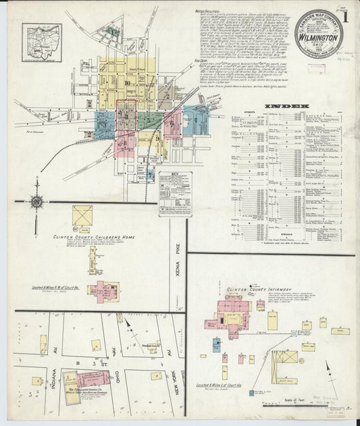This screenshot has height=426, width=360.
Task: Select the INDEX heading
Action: coord(287,106)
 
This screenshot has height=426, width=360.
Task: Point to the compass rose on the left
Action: coord(37,201)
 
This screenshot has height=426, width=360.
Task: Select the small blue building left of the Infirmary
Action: coord(215,344)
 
